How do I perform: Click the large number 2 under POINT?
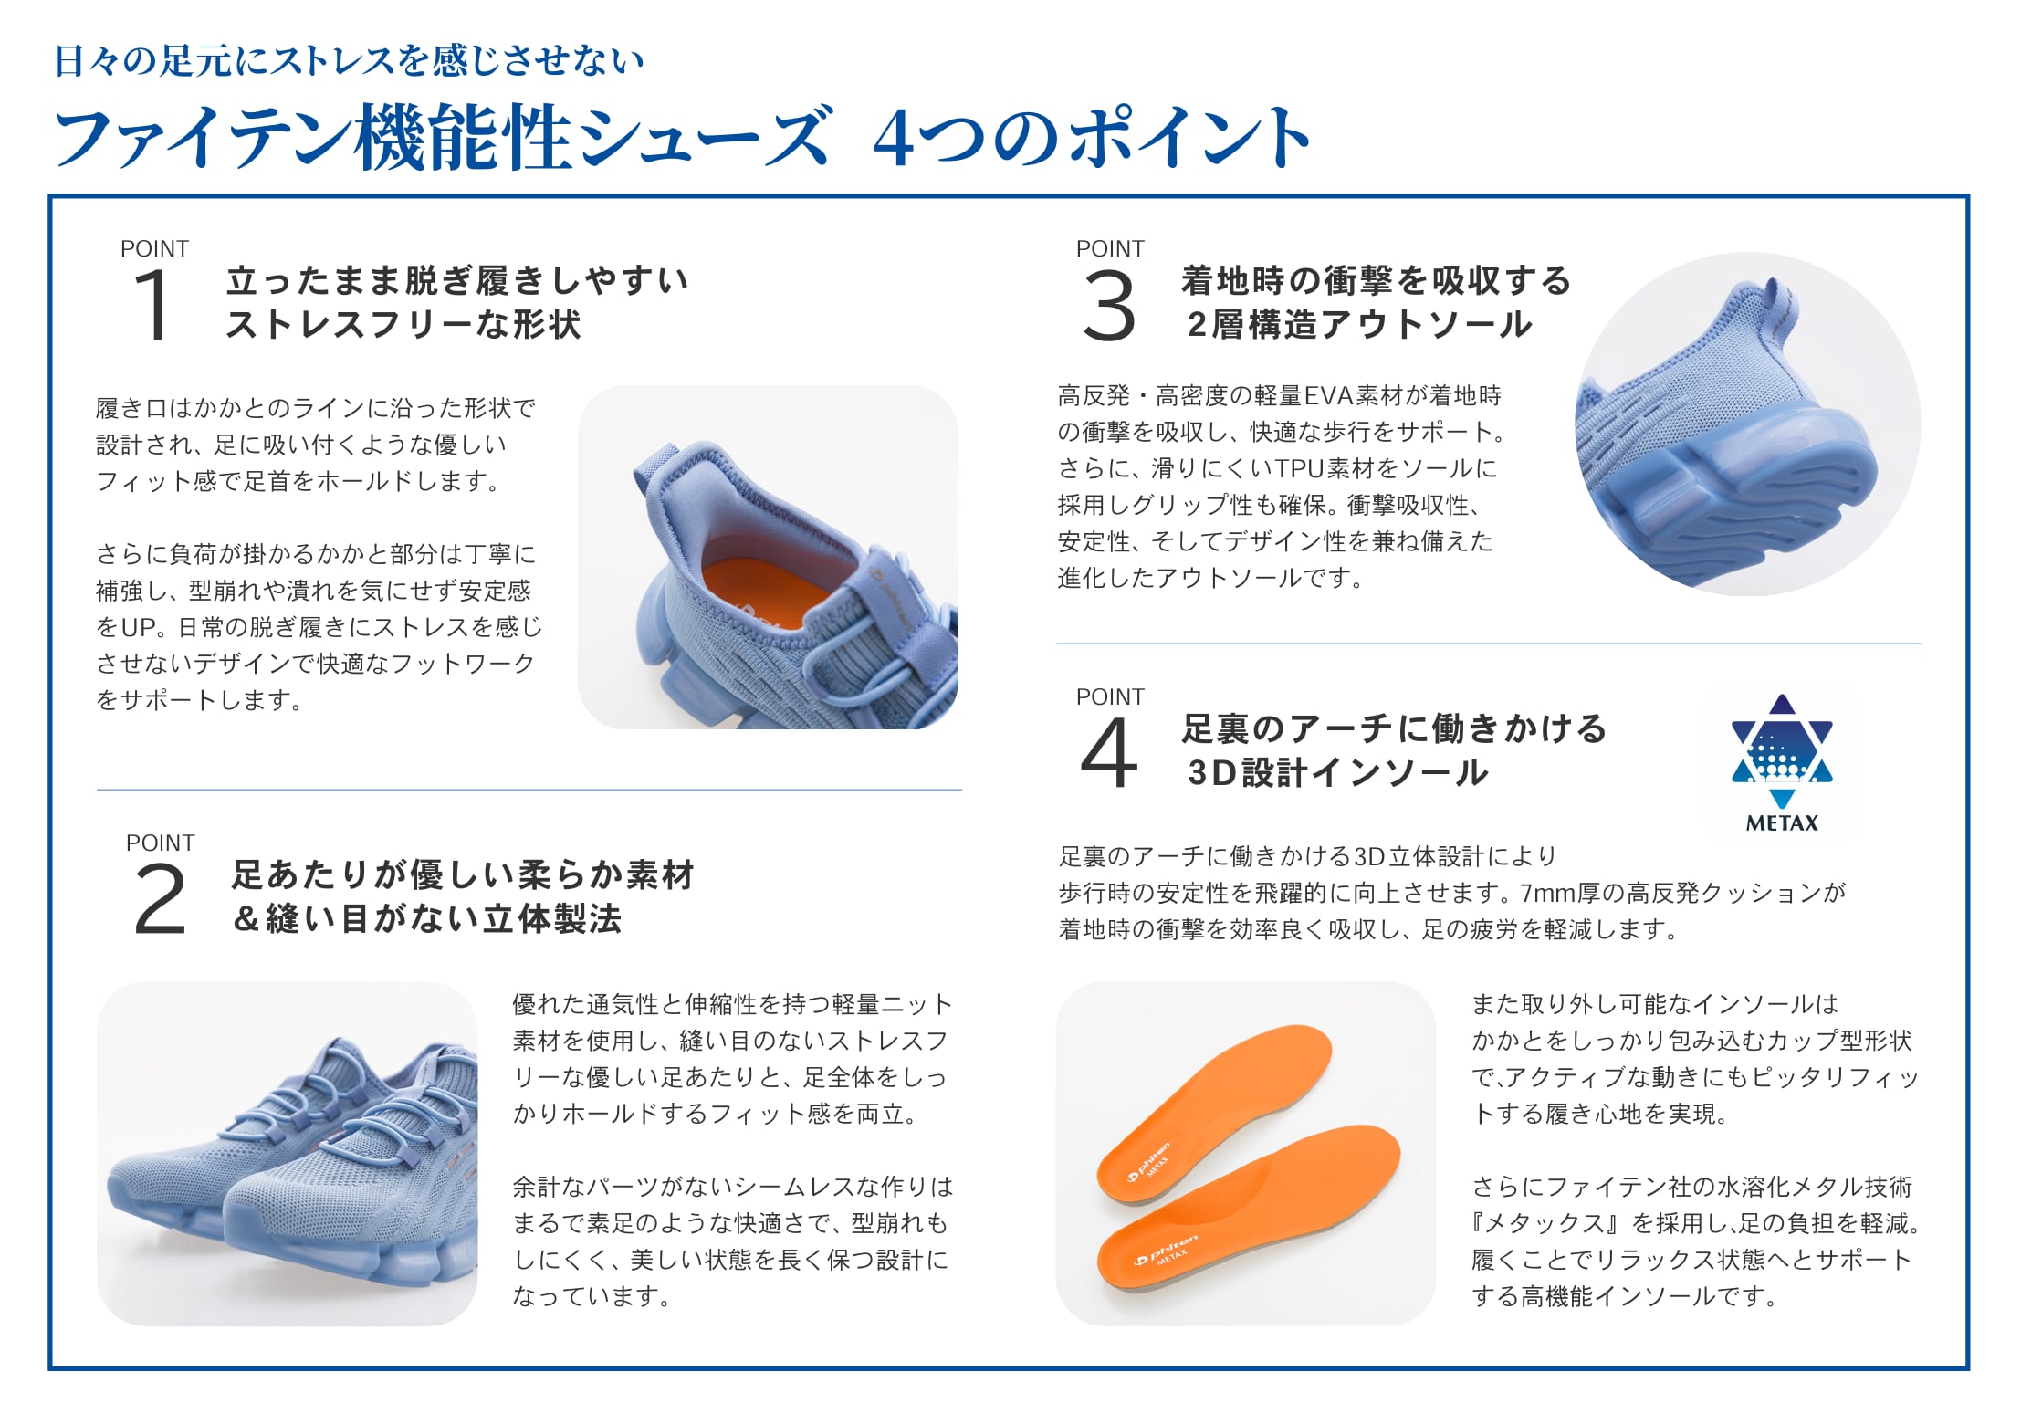160,900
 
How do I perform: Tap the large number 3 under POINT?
1109,307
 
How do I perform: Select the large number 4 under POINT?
1109,753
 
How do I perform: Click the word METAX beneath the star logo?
1782,823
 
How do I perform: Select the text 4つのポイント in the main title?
1092,138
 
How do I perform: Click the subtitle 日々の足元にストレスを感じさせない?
349,61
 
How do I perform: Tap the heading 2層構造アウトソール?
1360,325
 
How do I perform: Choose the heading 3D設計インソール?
1338,773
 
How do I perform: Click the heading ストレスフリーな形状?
403,325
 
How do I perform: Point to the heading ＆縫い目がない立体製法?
427,919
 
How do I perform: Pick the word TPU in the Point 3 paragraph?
1299,469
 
